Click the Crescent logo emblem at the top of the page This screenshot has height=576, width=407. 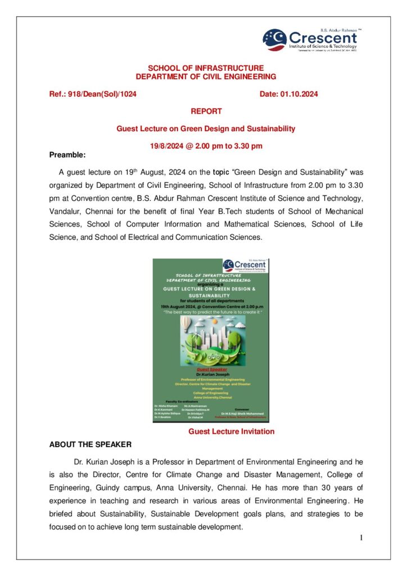(x=275, y=39)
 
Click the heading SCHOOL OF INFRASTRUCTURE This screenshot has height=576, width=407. (x=205, y=68)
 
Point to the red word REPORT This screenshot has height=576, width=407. (x=206, y=111)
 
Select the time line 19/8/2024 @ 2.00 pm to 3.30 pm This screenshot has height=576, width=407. (x=206, y=146)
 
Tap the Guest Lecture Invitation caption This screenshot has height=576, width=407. (x=231, y=431)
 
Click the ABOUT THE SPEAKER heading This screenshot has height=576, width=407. (x=91, y=444)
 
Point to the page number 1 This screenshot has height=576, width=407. (x=361, y=538)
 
